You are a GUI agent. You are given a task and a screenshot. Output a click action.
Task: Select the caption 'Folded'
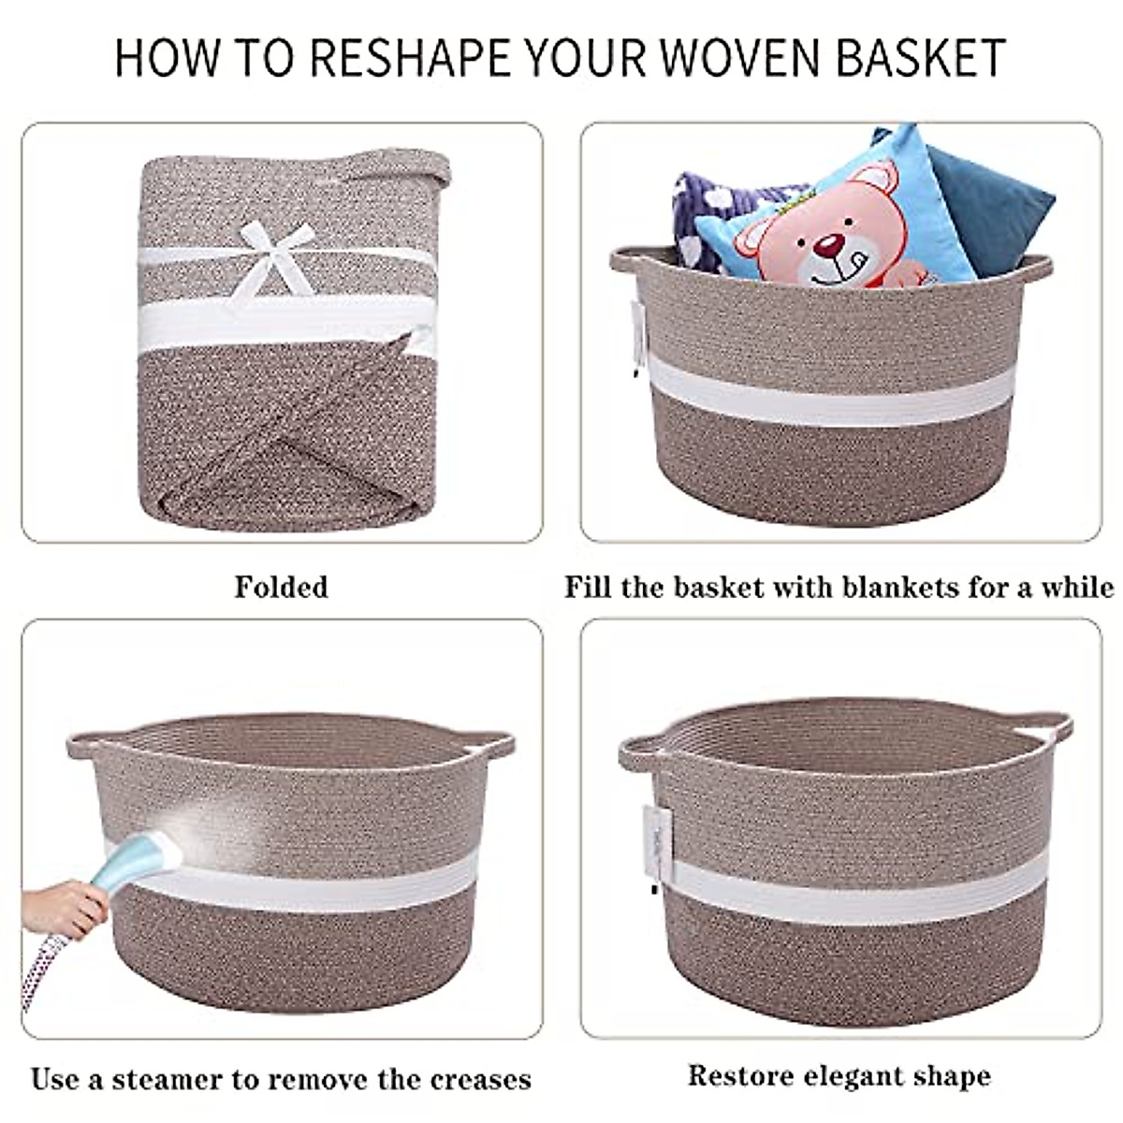tap(281, 588)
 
